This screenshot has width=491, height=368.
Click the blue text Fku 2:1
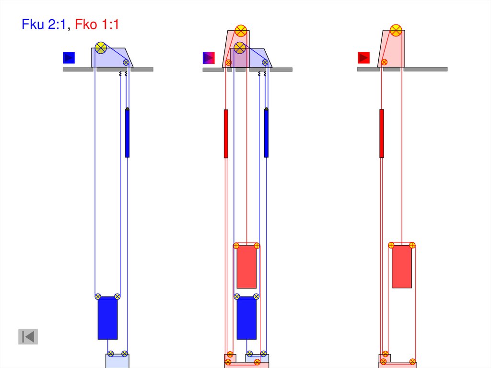click(x=44, y=24)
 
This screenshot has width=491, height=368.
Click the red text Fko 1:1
click(x=97, y=24)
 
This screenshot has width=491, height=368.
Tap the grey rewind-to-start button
click(x=28, y=337)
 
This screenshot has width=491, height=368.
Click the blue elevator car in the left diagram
click(x=108, y=318)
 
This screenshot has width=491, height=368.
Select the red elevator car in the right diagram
click(x=402, y=266)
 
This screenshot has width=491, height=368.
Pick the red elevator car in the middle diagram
click(x=247, y=267)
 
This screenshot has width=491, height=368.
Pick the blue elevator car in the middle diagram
click(x=247, y=318)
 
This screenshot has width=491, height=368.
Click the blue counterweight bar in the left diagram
click(x=127, y=133)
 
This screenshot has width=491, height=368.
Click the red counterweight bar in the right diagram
click(x=381, y=133)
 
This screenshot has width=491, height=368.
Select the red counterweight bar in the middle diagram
click(x=226, y=134)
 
